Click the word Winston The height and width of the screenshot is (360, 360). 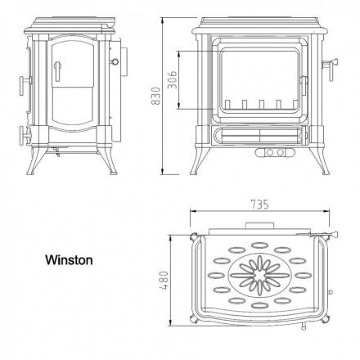point(69,260)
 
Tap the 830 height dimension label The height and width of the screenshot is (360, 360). point(155,96)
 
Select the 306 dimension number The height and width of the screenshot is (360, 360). point(172,79)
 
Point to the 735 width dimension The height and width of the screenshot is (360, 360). point(259,205)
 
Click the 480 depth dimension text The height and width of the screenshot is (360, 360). point(164,280)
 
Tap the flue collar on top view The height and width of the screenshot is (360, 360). point(259,226)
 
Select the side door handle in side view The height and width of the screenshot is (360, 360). point(57,71)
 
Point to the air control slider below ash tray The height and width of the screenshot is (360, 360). point(275,152)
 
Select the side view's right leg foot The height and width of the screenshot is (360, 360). point(113,173)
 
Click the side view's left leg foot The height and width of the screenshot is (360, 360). point(30,173)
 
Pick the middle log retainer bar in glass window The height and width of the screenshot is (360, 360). point(262,104)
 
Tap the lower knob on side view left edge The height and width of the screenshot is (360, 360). point(24,135)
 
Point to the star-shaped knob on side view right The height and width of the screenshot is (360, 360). point(115,61)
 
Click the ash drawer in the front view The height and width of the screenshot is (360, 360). point(260,135)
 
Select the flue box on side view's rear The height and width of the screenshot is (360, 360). point(124,62)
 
